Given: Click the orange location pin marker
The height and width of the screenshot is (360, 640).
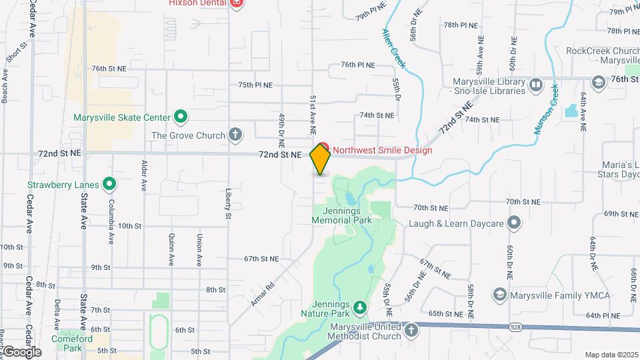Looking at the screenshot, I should (x=321, y=159).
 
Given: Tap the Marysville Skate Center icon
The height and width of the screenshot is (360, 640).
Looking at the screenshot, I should (x=180, y=117).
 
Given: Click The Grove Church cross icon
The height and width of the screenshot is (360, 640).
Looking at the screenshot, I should (x=235, y=135).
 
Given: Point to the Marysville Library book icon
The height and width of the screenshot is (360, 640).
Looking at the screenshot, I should (x=535, y=85).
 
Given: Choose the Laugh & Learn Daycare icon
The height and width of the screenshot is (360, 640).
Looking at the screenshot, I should (x=513, y=223).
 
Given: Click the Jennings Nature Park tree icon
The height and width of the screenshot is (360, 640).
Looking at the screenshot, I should (x=360, y=307).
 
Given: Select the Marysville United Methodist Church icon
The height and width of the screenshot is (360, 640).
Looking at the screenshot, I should (x=411, y=331).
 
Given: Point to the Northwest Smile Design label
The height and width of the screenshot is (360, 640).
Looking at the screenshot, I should (x=382, y=150).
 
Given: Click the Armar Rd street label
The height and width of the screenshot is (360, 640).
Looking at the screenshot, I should (x=263, y=291).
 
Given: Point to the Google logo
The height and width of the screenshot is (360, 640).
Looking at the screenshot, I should (x=21, y=351).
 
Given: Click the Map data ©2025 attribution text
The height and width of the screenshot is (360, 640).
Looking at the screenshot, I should (x=611, y=355).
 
